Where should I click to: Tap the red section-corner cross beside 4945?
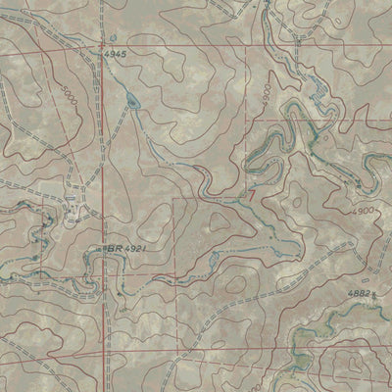coord(101,45)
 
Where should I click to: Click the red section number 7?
coord(252,195)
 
